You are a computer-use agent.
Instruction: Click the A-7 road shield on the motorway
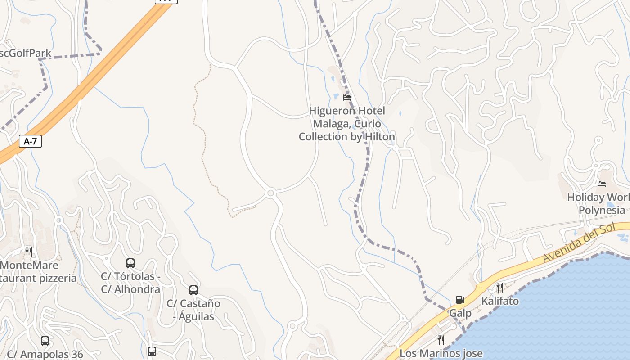click(30, 141)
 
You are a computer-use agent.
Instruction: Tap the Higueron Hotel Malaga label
click(347, 124)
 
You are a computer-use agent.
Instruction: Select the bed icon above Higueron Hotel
click(347, 97)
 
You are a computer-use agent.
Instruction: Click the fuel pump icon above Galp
click(460, 299)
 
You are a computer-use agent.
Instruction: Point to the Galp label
click(460, 313)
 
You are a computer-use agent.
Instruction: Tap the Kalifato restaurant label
click(500, 301)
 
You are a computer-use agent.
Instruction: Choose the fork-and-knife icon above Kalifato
click(500, 287)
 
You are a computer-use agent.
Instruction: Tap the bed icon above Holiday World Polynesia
click(602, 184)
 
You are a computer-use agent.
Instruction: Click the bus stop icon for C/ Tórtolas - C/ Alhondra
click(130, 263)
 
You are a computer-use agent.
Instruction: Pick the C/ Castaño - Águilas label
click(193, 310)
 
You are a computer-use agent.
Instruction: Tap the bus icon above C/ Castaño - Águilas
click(193, 290)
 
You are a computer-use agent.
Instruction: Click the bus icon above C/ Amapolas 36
click(45, 341)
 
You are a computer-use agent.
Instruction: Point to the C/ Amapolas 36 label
click(45, 355)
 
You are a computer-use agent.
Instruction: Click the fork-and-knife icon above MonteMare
click(29, 251)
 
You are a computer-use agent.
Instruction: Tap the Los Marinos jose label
click(441, 354)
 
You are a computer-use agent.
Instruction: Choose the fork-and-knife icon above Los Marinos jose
click(441, 340)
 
